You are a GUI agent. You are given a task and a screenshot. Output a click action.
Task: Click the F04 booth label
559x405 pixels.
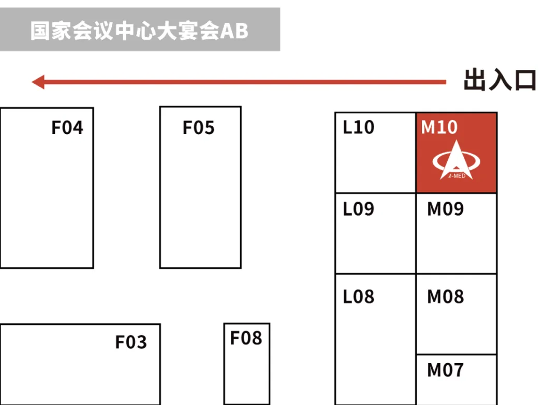tap(67, 127)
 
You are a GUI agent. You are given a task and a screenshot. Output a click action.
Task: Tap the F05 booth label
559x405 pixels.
tap(199, 127)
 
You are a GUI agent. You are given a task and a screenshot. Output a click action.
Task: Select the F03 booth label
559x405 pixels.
tap(131, 342)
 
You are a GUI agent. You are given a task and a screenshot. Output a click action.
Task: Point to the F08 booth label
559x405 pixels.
tap(246, 338)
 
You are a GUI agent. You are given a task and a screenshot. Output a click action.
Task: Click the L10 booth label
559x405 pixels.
tap(359, 127)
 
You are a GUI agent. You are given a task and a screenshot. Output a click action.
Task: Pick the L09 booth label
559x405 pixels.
tap(359, 209)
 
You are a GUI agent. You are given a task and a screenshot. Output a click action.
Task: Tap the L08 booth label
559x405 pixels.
tap(359, 296)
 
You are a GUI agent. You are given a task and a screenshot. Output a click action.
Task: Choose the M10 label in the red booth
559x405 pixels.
tap(439, 127)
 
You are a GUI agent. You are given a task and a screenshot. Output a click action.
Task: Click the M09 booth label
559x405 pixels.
tap(445, 209)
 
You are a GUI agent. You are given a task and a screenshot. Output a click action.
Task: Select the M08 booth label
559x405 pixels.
tap(445, 296)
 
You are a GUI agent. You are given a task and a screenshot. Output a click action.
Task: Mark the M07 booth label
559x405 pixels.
tap(445, 370)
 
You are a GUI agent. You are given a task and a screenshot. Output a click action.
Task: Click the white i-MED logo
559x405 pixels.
tap(457, 160)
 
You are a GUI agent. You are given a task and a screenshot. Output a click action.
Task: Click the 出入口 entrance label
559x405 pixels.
tap(499, 81)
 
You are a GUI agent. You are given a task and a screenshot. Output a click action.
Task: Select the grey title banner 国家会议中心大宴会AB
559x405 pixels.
tap(140, 29)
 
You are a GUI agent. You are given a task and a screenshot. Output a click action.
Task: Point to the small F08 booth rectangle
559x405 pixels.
tap(247, 370)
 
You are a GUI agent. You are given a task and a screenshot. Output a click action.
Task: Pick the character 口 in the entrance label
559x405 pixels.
tap(525, 81)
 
